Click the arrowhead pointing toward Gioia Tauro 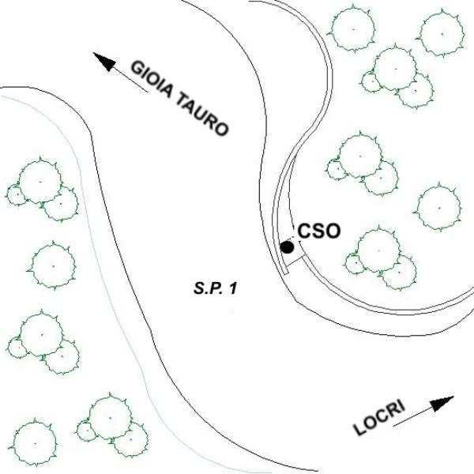tap(102, 60)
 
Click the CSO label tap(318, 231)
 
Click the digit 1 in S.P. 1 tap(233, 289)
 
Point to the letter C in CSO tap(304, 231)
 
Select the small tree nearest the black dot tap(352, 263)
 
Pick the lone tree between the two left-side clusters tap(52, 264)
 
